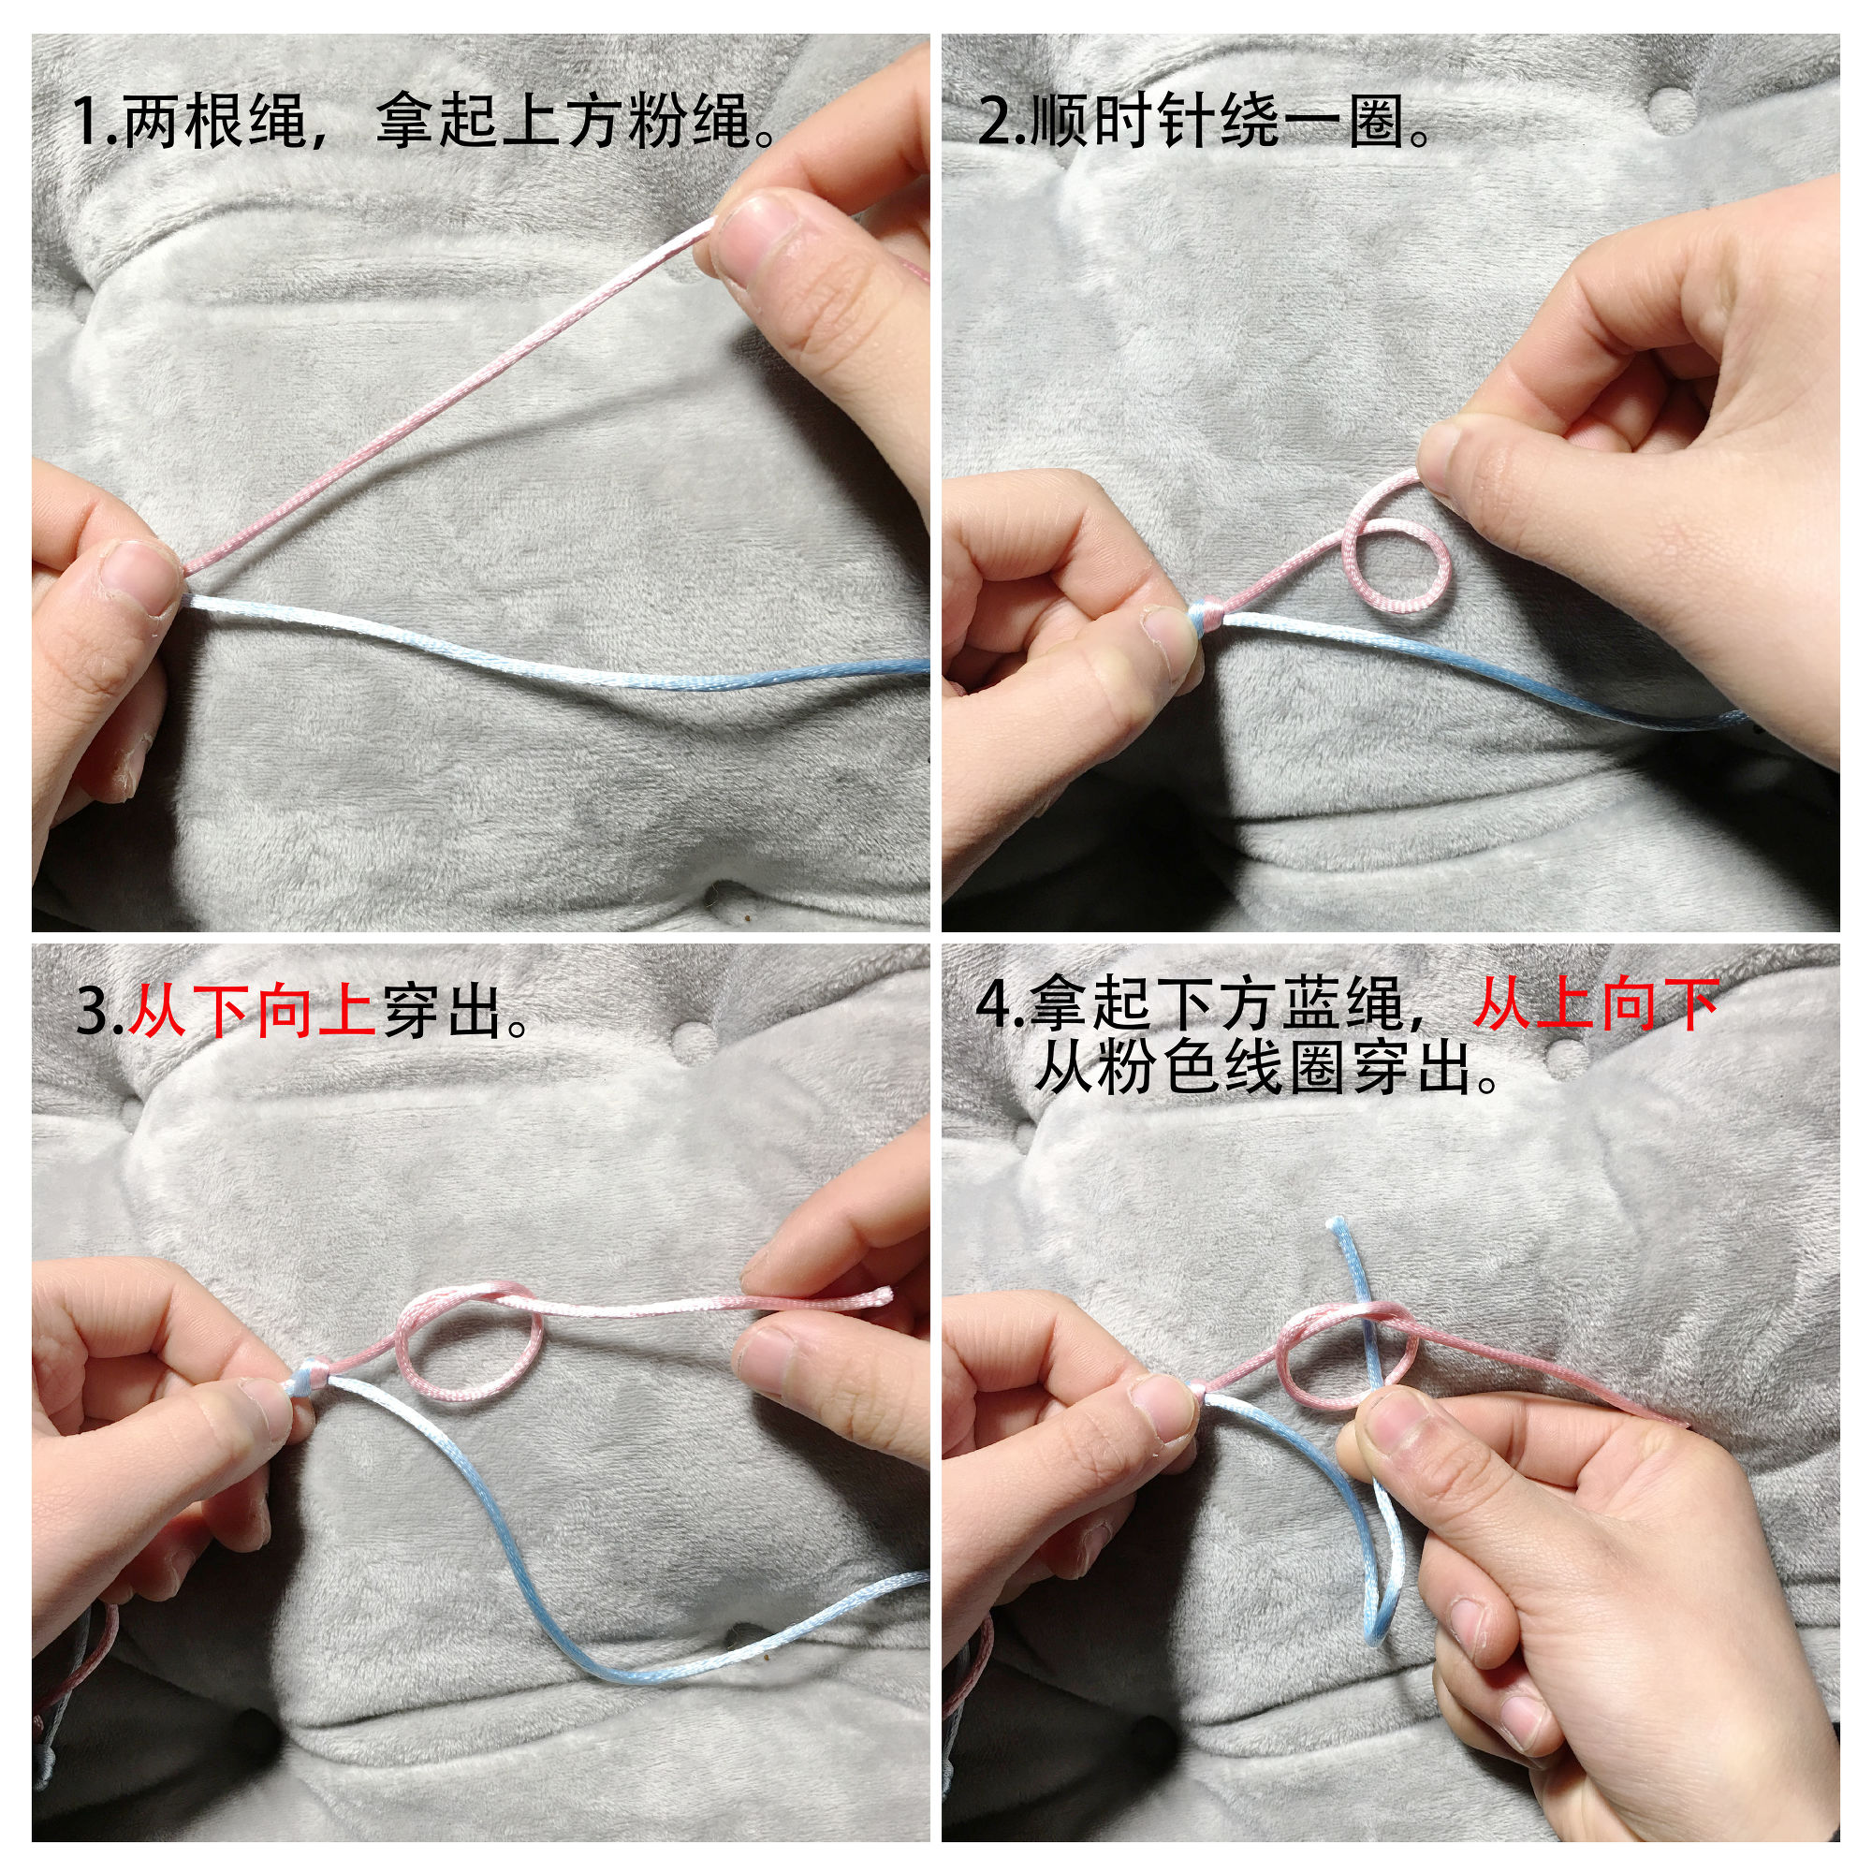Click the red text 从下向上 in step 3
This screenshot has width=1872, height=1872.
click(x=252, y=1012)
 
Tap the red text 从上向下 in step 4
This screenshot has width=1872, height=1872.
click(x=1596, y=1004)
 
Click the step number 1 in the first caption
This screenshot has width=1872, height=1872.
click(x=86, y=122)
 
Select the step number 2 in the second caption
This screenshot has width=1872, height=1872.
click(x=994, y=122)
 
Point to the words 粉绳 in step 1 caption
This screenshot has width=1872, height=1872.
click(x=689, y=122)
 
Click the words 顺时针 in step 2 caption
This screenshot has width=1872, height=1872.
click(x=1123, y=122)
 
